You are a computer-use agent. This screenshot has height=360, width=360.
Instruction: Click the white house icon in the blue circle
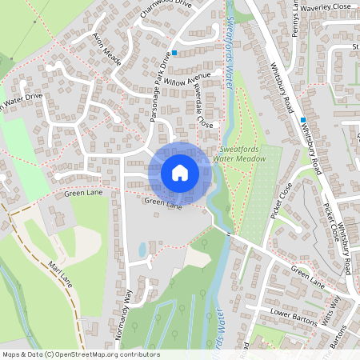179,172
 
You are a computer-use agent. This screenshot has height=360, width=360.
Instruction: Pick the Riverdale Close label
205,111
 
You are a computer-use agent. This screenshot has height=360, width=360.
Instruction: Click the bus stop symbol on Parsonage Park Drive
174,52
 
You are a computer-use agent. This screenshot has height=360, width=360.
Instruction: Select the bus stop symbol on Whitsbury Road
303,120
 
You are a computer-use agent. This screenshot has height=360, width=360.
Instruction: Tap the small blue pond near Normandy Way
142,250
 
